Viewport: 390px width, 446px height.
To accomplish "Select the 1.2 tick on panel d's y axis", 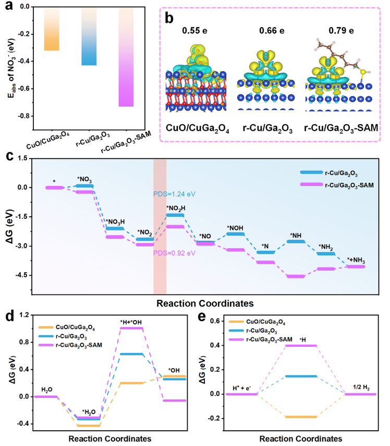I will point(23,315).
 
